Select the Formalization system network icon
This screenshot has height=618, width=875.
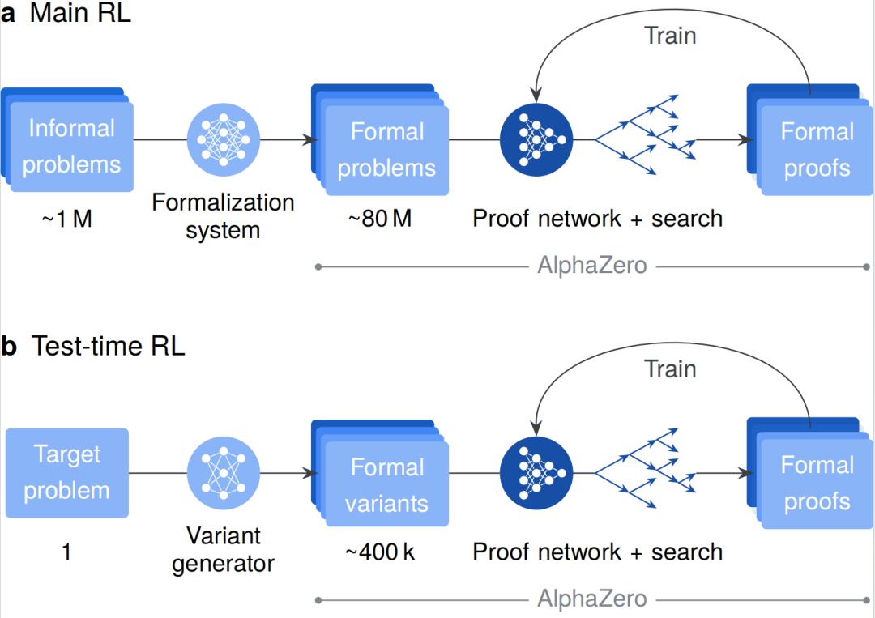(224, 139)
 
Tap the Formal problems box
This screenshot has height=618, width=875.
(386, 150)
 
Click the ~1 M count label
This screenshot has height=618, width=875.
(66, 219)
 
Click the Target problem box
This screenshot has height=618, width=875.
(67, 473)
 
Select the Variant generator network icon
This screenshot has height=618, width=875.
(224, 473)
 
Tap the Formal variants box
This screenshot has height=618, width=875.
(386, 484)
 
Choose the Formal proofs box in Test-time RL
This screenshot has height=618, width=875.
(816, 484)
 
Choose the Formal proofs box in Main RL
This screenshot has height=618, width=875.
(816, 150)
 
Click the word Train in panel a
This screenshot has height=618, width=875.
(670, 35)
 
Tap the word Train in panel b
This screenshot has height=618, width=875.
(670, 369)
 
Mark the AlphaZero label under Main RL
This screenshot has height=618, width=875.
(592, 266)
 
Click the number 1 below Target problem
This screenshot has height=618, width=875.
(66, 552)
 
